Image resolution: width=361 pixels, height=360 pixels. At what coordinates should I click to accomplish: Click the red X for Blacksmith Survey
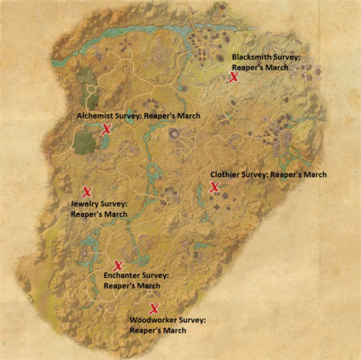click(x=233, y=77)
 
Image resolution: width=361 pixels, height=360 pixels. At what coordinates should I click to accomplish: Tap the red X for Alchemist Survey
click(x=106, y=129)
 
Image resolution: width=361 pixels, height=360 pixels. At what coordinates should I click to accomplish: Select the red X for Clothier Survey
click(x=214, y=188)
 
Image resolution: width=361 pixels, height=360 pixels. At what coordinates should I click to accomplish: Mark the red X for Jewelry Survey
click(x=87, y=192)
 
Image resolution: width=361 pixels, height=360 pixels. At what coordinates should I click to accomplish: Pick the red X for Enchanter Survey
click(x=118, y=265)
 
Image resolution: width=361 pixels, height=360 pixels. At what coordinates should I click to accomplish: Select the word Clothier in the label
click(x=224, y=175)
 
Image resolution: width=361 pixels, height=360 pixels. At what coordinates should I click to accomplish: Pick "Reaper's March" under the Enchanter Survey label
click(x=132, y=285)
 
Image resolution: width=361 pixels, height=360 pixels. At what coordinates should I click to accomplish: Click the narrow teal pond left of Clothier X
click(x=200, y=192)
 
